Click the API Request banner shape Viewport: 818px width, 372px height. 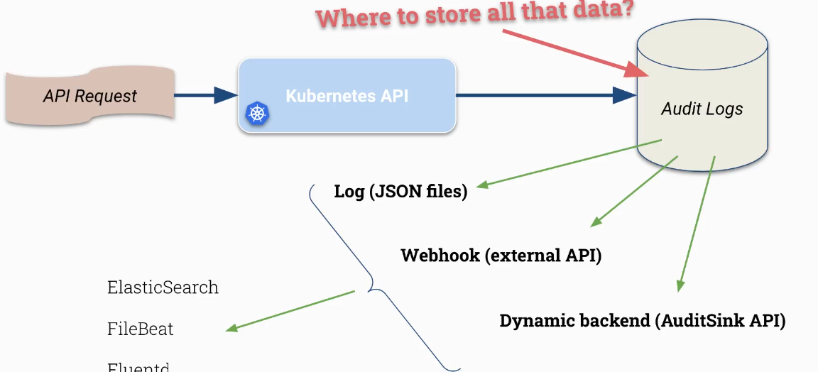pos(90,95)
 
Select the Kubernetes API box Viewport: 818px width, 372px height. pos(347,95)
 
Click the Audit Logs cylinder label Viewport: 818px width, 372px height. pos(702,109)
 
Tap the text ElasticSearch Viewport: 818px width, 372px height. pos(163,287)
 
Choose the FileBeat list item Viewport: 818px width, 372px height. pos(140,329)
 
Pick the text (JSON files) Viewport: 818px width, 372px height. pos(418,192)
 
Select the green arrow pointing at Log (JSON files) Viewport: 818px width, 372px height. pos(568,164)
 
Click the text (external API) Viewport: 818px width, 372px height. pos(543,255)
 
